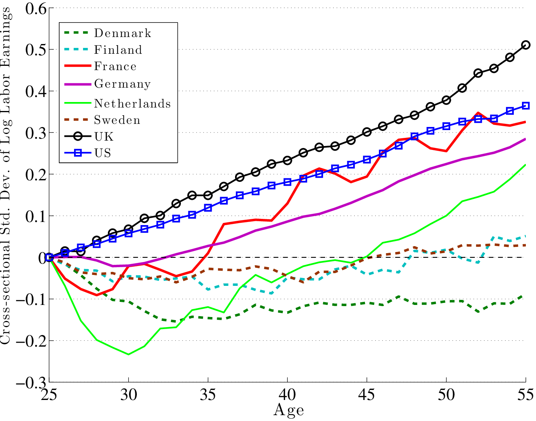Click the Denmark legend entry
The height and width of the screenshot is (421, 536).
122,33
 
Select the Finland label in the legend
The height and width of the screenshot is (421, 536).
118,50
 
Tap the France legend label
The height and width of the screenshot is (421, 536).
115,67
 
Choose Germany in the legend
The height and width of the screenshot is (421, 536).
122,84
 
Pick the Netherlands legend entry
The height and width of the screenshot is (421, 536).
133,104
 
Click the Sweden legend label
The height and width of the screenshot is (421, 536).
117,120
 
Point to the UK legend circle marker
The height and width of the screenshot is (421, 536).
78,136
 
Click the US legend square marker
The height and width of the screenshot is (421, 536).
78,153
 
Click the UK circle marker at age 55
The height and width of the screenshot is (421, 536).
525,45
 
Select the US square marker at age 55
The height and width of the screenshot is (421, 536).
525,106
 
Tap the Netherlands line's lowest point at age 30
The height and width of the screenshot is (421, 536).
128,354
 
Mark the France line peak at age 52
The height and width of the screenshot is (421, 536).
478,113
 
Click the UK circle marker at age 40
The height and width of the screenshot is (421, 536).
287,160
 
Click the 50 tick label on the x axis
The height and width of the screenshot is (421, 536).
446,395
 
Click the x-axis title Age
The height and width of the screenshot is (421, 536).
288,410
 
